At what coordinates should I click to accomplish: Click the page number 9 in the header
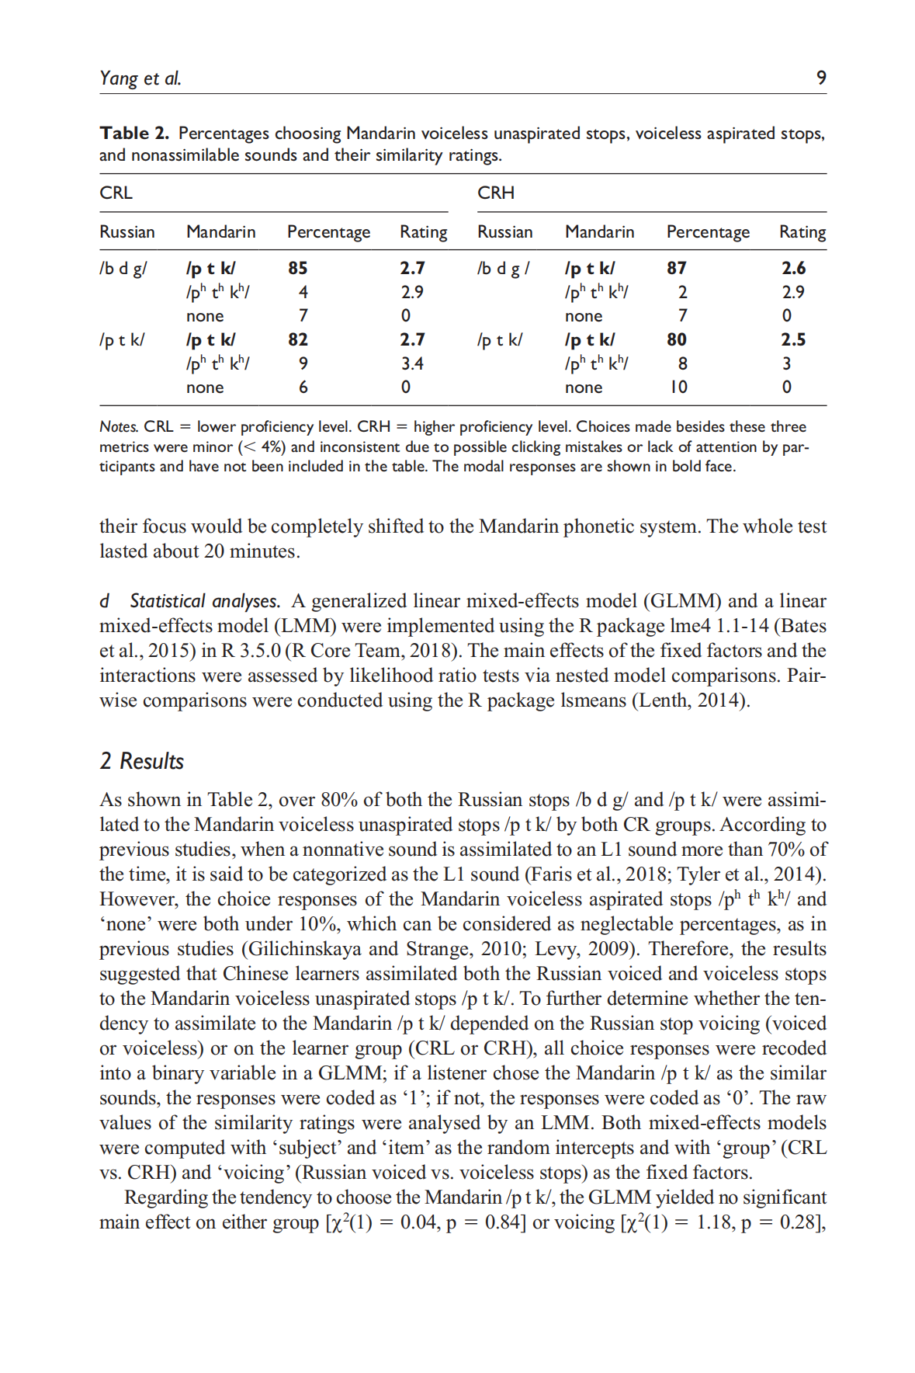coord(821,78)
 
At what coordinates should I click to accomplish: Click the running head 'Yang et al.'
coord(140,78)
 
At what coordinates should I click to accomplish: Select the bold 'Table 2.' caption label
coord(133,134)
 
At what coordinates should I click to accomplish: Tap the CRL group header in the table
coord(116,193)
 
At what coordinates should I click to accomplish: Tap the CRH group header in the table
coord(496,193)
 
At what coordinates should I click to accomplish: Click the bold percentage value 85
coord(298,268)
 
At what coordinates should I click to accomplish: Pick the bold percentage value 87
coord(677,268)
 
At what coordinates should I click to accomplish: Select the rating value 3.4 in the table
coord(412,363)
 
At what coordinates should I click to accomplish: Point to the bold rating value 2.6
coord(793,268)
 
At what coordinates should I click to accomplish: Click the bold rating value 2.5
coord(793,339)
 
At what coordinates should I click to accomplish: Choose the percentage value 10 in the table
coord(678,387)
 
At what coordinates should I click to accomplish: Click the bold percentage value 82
coord(298,339)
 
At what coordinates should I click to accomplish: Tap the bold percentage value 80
coord(677,339)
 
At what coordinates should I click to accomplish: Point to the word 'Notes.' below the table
coord(119,427)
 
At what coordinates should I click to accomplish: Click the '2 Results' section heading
coord(142,761)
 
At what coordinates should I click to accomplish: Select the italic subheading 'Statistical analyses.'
coord(204,601)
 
